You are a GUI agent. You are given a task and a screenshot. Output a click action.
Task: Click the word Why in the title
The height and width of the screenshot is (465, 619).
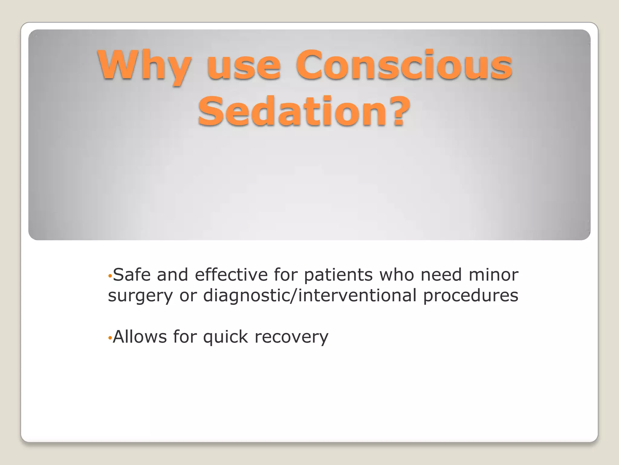click(x=144, y=65)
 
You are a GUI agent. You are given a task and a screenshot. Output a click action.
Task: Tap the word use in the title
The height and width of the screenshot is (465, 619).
click(x=244, y=65)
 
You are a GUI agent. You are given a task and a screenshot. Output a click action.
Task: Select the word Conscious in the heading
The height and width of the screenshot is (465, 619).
click(x=404, y=65)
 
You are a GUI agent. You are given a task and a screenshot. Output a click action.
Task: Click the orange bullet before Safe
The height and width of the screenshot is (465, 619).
click(x=110, y=276)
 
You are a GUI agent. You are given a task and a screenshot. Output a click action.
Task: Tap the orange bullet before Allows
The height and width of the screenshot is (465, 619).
click(x=110, y=338)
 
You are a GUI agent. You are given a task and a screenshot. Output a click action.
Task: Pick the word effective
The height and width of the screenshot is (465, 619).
click(x=231, y=275)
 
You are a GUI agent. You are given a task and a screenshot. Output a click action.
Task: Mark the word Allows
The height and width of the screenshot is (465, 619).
click(x=139, y=337)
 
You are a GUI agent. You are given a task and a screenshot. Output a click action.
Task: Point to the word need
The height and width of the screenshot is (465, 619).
click(x=441, y=275)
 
